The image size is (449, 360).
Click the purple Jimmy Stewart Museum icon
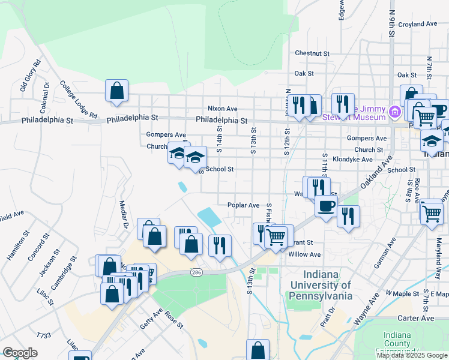(x=394, y=112)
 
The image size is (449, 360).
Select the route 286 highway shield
(x=196, y=272)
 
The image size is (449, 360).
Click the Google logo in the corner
(x=20, y=353)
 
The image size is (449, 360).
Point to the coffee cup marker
(x=326, y=206)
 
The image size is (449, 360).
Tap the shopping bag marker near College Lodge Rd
(x=117, y=91)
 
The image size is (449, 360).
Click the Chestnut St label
(x=312, y=53)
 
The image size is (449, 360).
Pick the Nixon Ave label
(x=222, y=109)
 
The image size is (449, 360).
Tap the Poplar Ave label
(x=243, y=205)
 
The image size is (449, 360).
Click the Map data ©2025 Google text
(x=411, y=355)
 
